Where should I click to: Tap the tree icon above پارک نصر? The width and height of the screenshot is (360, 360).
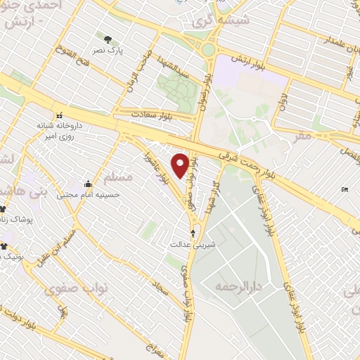point(108,39)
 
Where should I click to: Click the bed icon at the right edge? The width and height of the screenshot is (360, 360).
point(344,190)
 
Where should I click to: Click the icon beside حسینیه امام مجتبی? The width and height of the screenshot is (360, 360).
point(87,184)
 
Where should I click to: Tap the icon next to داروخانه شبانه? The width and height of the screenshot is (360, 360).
point(60,115)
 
